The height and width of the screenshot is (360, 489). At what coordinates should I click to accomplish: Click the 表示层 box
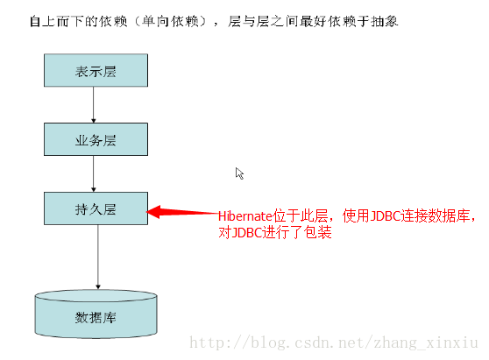click(x=96, y=70)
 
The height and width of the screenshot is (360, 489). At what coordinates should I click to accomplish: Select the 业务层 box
click(x=96, y=139)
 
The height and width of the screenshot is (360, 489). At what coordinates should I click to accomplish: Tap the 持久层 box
click(x=96, y=208)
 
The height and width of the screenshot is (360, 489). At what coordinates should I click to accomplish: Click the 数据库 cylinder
click(x=96, y=314)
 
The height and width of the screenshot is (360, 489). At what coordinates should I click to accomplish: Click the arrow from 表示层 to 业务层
click(x=93, y=105)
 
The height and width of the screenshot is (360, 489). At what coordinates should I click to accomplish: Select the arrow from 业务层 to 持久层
click(x=93, y=174)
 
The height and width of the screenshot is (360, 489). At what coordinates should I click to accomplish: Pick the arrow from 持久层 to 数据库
click(x=98, y=257)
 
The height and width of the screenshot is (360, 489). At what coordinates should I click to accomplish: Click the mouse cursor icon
click(x=239, y=173)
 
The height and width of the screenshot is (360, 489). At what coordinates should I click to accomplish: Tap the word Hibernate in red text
click(x=245, y=216)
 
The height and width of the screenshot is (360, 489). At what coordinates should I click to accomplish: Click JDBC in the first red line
click(x=385, y=215)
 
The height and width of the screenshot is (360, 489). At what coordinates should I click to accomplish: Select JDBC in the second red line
click(x=246, y=232)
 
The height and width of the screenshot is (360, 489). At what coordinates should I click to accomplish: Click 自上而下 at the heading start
click(x=57, y=21)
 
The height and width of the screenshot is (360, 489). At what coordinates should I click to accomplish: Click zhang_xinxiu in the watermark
click(x=426, y=343)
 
